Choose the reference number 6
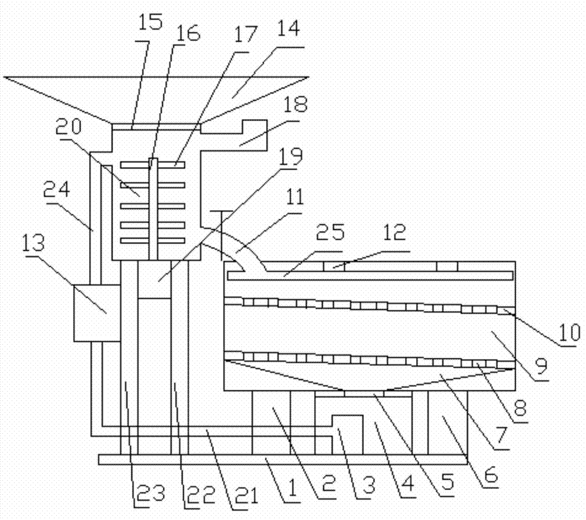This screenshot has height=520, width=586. click(x=490, y=477)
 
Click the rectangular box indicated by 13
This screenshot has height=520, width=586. click(x=96, y=312)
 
